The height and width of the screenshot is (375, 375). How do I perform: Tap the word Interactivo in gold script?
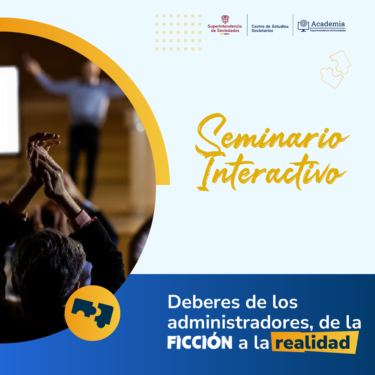[x=272, y=172]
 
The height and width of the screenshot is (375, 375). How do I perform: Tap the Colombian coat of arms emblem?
[x=225, y=19]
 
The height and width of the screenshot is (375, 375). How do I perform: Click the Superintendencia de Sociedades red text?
[x=225, y=28]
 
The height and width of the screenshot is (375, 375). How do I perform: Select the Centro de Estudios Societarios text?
[x=270, y=28]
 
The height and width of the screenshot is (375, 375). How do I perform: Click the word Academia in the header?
[x=328, y=24]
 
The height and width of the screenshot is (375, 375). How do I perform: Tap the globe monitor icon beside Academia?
[x=303, y=26]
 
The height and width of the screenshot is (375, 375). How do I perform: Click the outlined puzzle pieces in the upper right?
[x=336, y=69]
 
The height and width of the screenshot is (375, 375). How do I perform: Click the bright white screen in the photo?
[x=9, y=110]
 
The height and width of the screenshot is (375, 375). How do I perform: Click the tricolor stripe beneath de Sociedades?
[x=225, y=34]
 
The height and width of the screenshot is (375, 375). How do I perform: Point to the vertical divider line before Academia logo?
[x=293, y=25]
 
